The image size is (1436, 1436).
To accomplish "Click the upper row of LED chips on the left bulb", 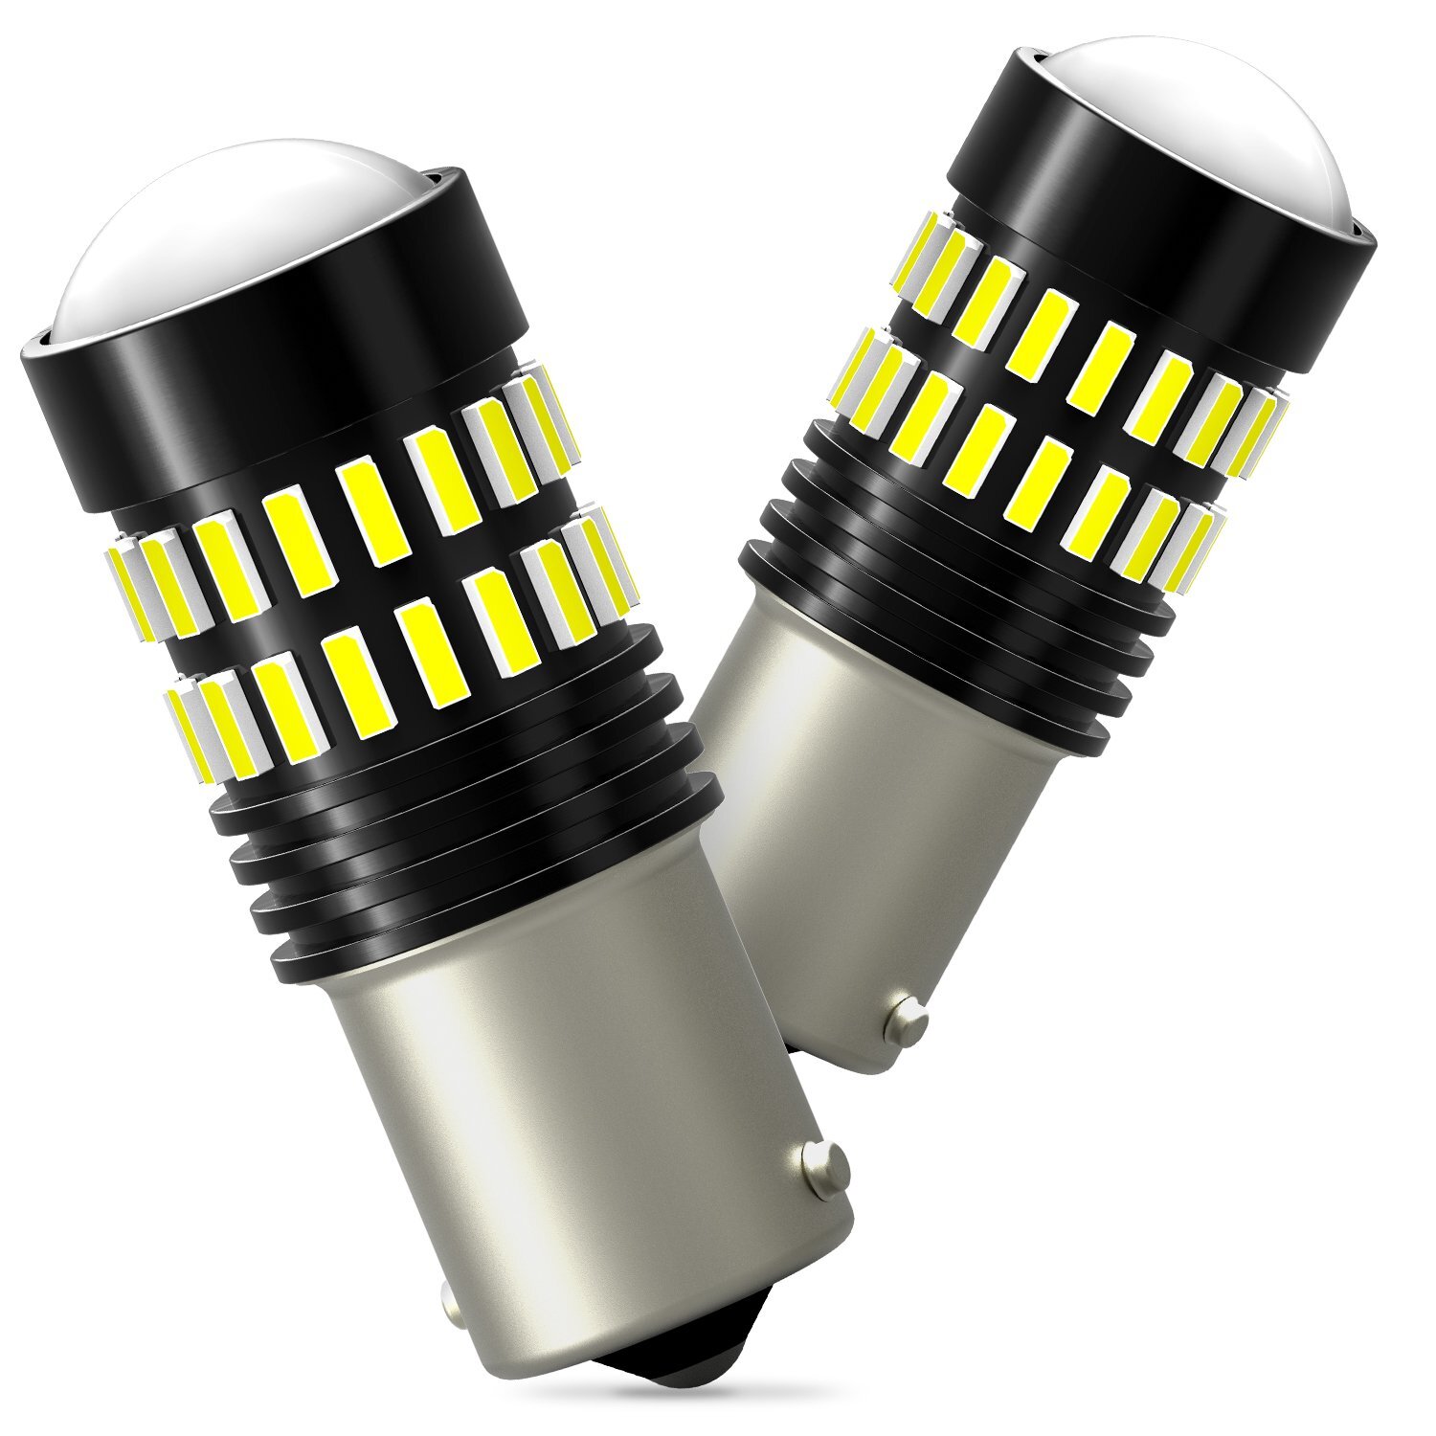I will coord(373,507).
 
